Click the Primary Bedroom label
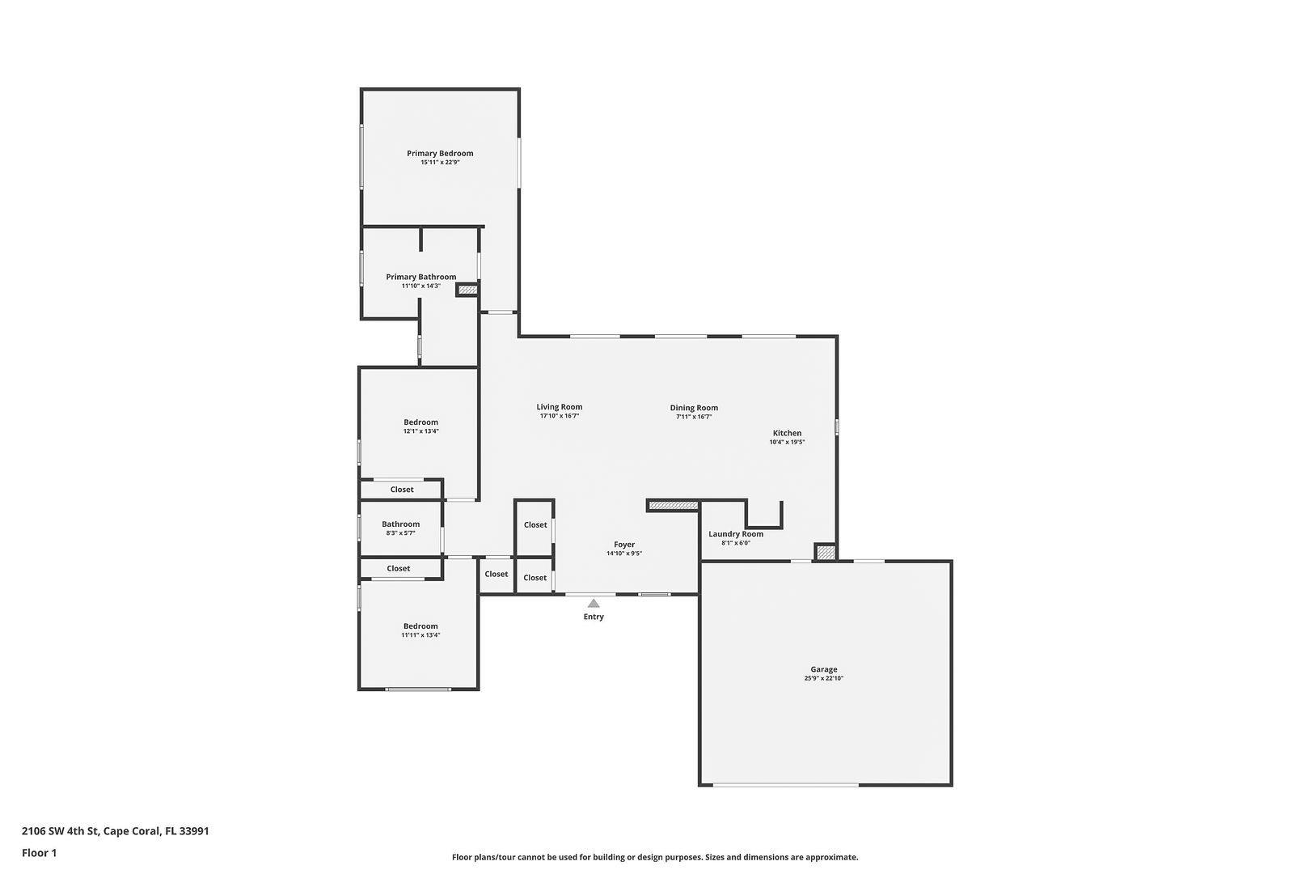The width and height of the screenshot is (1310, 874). [440, 153]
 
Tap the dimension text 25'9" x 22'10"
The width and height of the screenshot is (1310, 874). [824, 679]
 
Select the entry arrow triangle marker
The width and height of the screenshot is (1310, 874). [594, 603]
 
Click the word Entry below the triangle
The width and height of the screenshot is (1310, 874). [594, 617]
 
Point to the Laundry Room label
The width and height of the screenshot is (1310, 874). [736, 534]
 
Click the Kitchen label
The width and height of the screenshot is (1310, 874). [787, 433]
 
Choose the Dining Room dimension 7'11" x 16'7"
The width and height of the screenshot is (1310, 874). [694, 417]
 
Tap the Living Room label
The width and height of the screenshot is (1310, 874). [560, 407]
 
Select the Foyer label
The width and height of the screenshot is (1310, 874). [624, 545]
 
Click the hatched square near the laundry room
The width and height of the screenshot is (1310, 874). [825, 553]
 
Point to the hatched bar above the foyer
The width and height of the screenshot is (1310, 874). [673, 505]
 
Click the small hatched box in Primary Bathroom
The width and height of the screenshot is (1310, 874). [467, 289]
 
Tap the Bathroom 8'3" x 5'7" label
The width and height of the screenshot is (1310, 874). [400, 524]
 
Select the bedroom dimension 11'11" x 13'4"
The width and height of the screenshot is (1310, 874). [420, 635]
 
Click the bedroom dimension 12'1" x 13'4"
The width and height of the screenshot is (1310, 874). [420, 431]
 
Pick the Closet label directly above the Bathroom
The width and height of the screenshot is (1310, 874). [402, 490]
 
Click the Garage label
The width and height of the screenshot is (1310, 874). [824, 669]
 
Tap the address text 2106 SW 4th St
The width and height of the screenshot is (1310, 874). [60, 831]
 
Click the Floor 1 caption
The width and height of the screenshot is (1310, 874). [39, 853]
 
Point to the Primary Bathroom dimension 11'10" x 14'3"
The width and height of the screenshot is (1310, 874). [420, 286]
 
